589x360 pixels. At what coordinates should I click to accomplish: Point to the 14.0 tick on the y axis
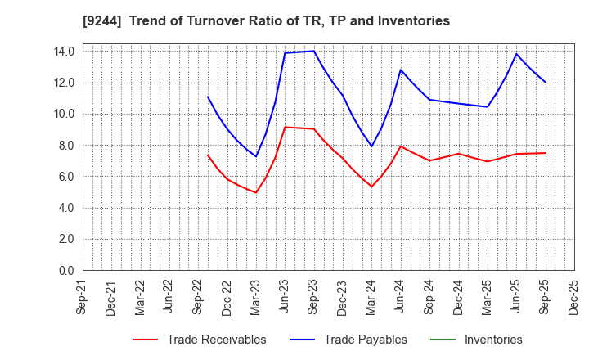64,52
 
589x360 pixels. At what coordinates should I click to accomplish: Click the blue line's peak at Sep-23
313,51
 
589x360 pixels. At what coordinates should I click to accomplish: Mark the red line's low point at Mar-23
256,192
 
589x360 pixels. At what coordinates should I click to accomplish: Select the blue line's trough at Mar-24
371,146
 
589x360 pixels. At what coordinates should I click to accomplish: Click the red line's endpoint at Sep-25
545,153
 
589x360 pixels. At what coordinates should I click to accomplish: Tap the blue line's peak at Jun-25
516,54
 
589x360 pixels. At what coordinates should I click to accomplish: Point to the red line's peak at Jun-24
401,146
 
